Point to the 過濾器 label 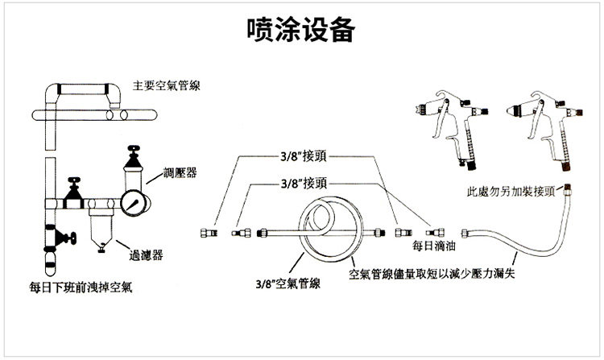click(x=147, y=254)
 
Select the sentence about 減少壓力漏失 click(x=438, y=274)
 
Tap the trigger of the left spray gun click(x=441, y=129)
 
